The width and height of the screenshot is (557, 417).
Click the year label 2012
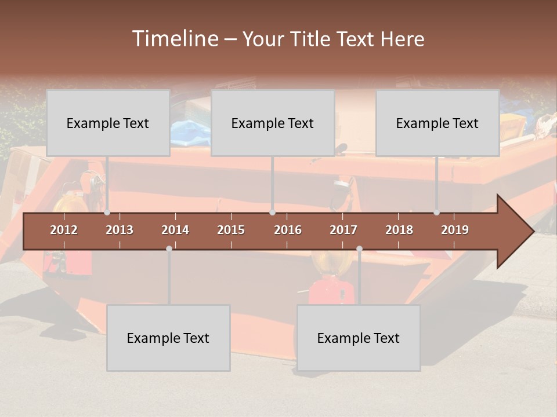64,230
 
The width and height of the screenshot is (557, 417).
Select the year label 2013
120,230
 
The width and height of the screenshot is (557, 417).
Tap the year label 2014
175,230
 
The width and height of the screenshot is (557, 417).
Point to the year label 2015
231,230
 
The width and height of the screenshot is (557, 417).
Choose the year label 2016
288,230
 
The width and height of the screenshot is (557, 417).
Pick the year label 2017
343,230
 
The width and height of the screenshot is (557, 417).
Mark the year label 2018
399,230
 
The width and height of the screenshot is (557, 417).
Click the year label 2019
455,230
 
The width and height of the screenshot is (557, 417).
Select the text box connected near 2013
108,123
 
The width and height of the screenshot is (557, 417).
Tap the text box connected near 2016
273,123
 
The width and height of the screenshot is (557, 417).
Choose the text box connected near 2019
437,123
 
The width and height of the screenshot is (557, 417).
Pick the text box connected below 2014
168,338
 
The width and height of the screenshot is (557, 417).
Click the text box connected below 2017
359,338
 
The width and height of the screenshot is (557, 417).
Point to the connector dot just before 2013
107,213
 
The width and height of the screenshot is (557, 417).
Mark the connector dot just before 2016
273,213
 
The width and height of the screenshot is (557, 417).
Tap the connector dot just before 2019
437,213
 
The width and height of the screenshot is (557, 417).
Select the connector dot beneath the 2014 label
169,248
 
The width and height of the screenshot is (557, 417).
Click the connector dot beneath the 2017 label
359,248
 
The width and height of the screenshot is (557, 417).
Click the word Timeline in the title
174,39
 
